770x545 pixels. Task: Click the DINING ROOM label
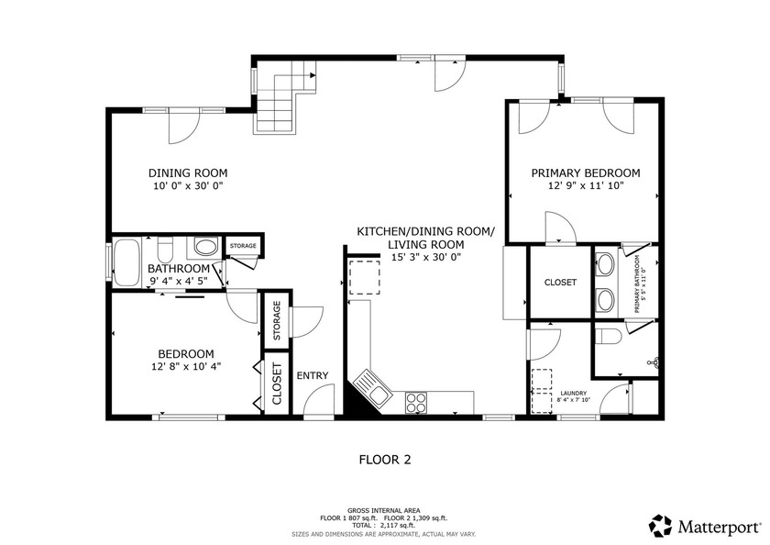tap(188, 173)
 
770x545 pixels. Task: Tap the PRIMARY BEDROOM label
tap(586, 173)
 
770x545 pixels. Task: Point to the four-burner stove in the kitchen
tap(416, 403)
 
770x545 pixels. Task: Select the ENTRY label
tap(313, 375)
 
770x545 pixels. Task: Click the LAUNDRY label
tap(574, 393)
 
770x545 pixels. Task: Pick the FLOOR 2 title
tap(385, 460)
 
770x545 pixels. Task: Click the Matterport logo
tap(705, 527)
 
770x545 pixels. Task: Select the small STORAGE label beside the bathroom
tap(243, 246)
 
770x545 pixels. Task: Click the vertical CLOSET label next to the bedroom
tap(277, 384)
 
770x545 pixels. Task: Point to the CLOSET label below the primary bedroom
tap(560, 283)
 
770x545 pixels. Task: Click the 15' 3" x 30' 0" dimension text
tap(425, 257)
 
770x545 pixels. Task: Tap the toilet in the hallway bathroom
tap(164, 249)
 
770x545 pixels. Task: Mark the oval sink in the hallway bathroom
tap(206, 246)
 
